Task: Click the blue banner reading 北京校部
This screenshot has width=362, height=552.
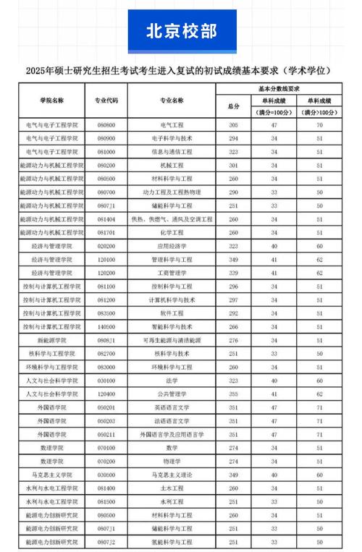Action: [181, 30]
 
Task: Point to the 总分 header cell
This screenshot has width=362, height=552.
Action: [233, 106]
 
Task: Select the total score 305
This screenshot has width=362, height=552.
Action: [233, 125]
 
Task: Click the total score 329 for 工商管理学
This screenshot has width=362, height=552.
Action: [233, 273]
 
